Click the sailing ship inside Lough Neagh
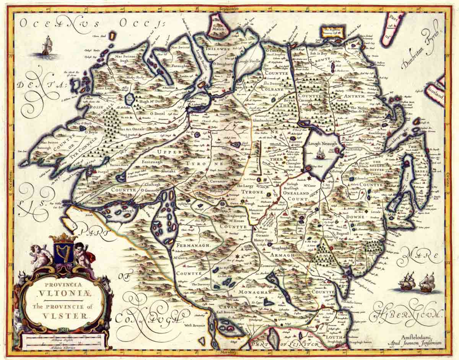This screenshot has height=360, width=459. [x=321, y=154]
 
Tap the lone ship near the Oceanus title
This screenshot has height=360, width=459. [x=46, y=46]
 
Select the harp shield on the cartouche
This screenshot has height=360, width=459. [x=64, y=253]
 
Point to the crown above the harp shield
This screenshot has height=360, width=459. [x=64, y=238]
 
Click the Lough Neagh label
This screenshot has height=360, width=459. [x=322, y=143]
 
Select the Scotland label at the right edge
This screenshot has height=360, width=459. [x=435, y=93]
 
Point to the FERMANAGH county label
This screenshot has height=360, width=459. [x=191, y=243]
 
